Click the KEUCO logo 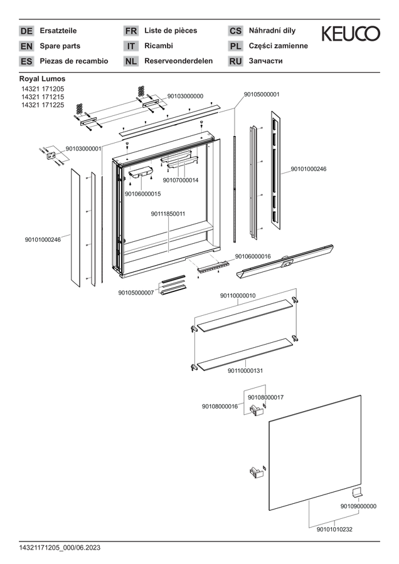tap(351, 33)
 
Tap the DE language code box tap(26, 31)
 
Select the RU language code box tap(235, 61)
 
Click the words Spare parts tap(60, 46)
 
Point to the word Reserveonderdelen tap(179, 61)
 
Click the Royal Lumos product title tap(43, 78)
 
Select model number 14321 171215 tap(43, 97)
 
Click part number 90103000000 tap(185, 96)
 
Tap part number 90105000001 tap(262, 94)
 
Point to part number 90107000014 tap(181, 180)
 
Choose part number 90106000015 tap(142, 194)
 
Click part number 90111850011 tap(168, 214)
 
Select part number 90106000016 tap(253, 256)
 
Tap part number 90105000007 tap(136, 293)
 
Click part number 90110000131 tap(245, 370)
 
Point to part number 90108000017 tap(266, 397)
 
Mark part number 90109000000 tap(359, 506)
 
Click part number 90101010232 tap(334, 530)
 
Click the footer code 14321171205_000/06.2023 tap(60, 548)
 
